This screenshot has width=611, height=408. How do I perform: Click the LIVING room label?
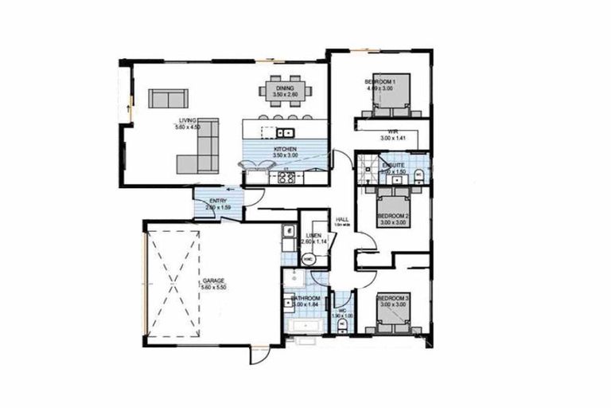(x=188, y=120)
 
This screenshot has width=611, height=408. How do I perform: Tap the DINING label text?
(x=285, y=88)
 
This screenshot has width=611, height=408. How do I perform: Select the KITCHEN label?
(x=285, y=150)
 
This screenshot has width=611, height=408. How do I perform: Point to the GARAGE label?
(x=212, y=280)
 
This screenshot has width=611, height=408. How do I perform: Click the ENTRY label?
(x=216, y=201)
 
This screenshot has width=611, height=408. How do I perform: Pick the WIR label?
(x=393, y=131)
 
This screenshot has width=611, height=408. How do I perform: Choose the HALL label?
(x=343, y=219)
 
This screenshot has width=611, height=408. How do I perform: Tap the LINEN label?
(x=313, y=236)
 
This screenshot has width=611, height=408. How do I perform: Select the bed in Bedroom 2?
(x=393, y=206)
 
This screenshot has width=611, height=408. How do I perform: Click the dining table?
(x=284, y=92)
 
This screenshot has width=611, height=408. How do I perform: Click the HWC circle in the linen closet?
(x=309, y=259)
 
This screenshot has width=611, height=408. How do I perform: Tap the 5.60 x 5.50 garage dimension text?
(x=212, y=288)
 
